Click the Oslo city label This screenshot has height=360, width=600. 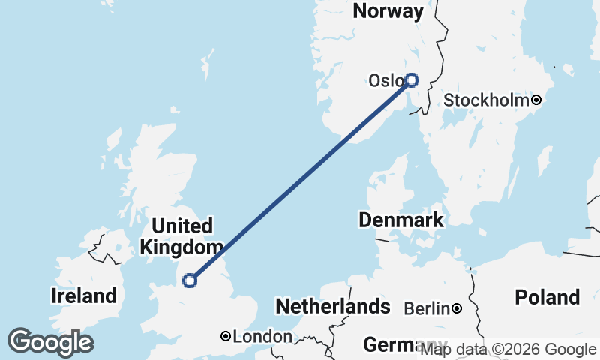tap(385, 80)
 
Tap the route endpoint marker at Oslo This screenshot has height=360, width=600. tap(411, 79)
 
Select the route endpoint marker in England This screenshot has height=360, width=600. tap(190, 280)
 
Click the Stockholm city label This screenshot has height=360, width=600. tap(487, 100)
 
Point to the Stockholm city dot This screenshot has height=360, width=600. tap(536, 100)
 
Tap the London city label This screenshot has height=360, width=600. tap(262, 337)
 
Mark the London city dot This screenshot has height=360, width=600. tap(226, 337)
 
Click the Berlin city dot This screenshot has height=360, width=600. tap(456, 308)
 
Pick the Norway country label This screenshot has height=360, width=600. tap(388, 11)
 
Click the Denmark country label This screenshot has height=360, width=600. tap(400, 220)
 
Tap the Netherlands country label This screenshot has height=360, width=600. tap(333, 306)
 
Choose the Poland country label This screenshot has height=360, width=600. tap(547, 297)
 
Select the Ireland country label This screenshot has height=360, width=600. tap(84, 295)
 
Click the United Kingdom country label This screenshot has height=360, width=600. tap(181, 236)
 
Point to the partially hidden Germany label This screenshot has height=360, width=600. tap(390, 345)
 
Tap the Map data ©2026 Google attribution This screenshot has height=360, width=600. tap(508, 349)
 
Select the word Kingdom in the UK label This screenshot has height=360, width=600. tap(181, 247)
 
